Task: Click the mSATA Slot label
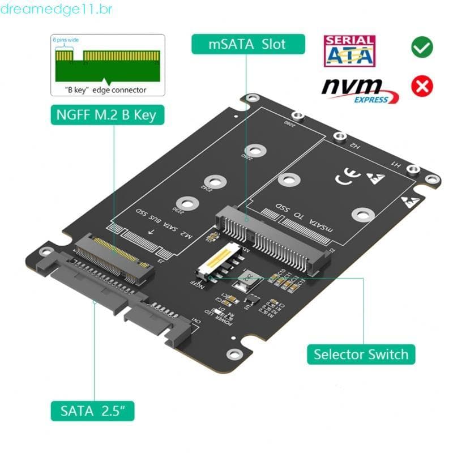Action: click(x=248, y=44)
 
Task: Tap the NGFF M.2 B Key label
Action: click(x=106, y=116)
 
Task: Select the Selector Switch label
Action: click(x=361, y=354)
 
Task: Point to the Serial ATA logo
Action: click(x=349, y=50)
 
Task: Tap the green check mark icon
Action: click(x=422, y=47)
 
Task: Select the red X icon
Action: click(x=422, y=86)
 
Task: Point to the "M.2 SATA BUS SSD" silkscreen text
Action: click(x=168, y=226)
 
